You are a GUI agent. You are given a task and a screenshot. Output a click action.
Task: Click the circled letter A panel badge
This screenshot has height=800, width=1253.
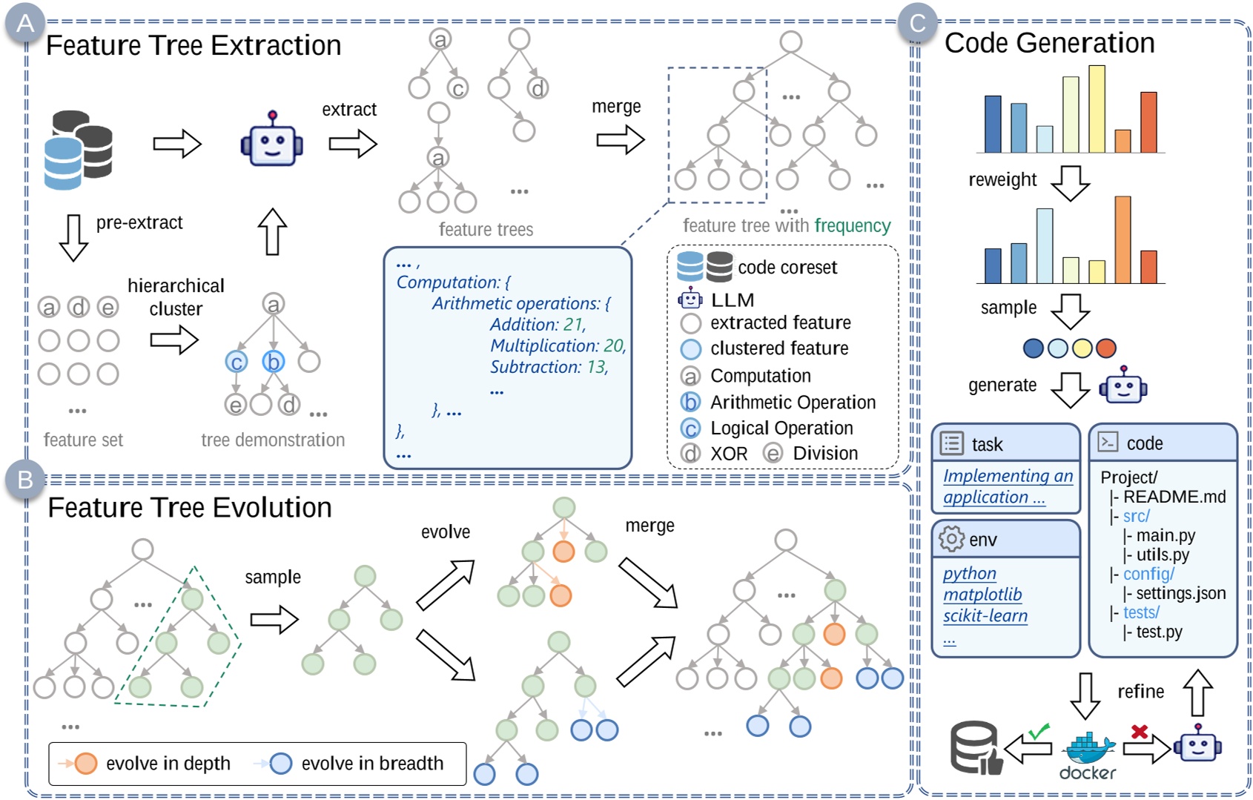[x=25, y=23]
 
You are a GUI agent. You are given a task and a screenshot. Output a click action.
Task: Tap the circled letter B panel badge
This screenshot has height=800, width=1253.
[x=25, y=480]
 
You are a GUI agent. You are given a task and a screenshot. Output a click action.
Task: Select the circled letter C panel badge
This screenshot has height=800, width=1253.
[x=917, y=23]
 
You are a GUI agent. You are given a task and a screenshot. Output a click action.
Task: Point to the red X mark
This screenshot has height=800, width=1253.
[x=1139, y=731]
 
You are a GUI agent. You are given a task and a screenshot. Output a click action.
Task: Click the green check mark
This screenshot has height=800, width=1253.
[x=1039, y=730]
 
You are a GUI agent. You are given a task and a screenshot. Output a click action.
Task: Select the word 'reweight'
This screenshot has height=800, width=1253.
[x=1002, y=179]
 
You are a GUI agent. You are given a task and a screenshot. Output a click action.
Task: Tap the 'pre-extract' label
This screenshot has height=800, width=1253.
[x=139, y=222]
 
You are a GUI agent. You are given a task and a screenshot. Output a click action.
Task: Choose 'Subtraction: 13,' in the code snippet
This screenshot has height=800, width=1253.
[x=549, y=367]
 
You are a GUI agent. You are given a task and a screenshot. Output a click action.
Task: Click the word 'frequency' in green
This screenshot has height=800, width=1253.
[x=853, y=225]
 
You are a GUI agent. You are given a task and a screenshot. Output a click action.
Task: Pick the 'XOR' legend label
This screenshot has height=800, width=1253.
[x=729, y=453]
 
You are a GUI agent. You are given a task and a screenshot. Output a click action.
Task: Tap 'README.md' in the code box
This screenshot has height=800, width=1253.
[x=1174, y=497]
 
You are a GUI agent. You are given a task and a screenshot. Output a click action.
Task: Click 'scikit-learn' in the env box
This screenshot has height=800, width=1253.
[x=985, y=615]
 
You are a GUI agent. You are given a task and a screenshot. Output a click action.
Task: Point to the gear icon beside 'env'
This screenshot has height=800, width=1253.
[x=951, y=539]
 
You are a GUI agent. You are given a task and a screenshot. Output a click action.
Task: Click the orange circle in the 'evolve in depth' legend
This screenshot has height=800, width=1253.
[x=85, y=763]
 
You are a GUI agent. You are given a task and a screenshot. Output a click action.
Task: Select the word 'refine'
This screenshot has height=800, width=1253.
[x=1140, y=692]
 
